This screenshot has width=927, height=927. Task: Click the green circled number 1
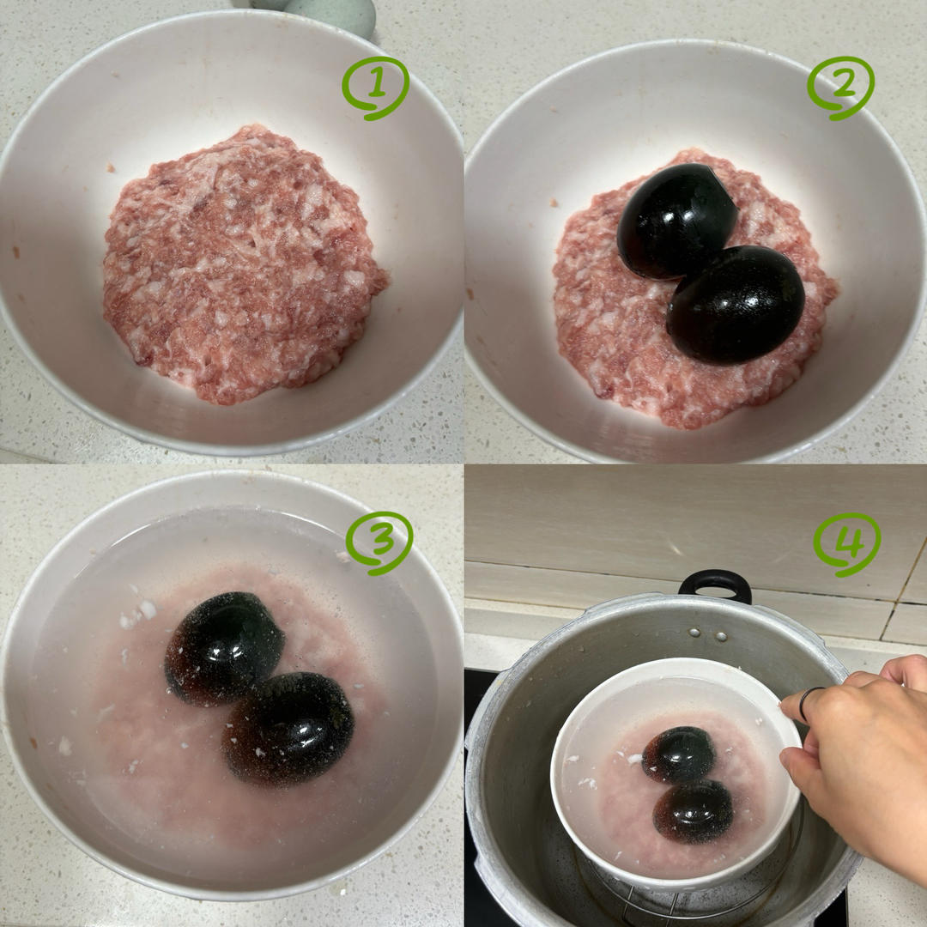(375, 88)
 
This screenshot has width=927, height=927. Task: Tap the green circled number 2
(840, 88)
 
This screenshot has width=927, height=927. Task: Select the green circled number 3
(379, 542)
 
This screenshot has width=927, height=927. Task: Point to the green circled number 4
(846, 544)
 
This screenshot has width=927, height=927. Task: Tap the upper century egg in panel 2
(676, 221)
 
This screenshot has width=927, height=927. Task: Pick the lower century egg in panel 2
(735, 305)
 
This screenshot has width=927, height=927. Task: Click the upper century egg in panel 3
(223, 647)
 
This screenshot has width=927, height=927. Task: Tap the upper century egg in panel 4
(679, 754)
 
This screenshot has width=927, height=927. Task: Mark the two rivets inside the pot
(707, 635)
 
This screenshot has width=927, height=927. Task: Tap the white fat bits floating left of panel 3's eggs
(135, 614)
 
